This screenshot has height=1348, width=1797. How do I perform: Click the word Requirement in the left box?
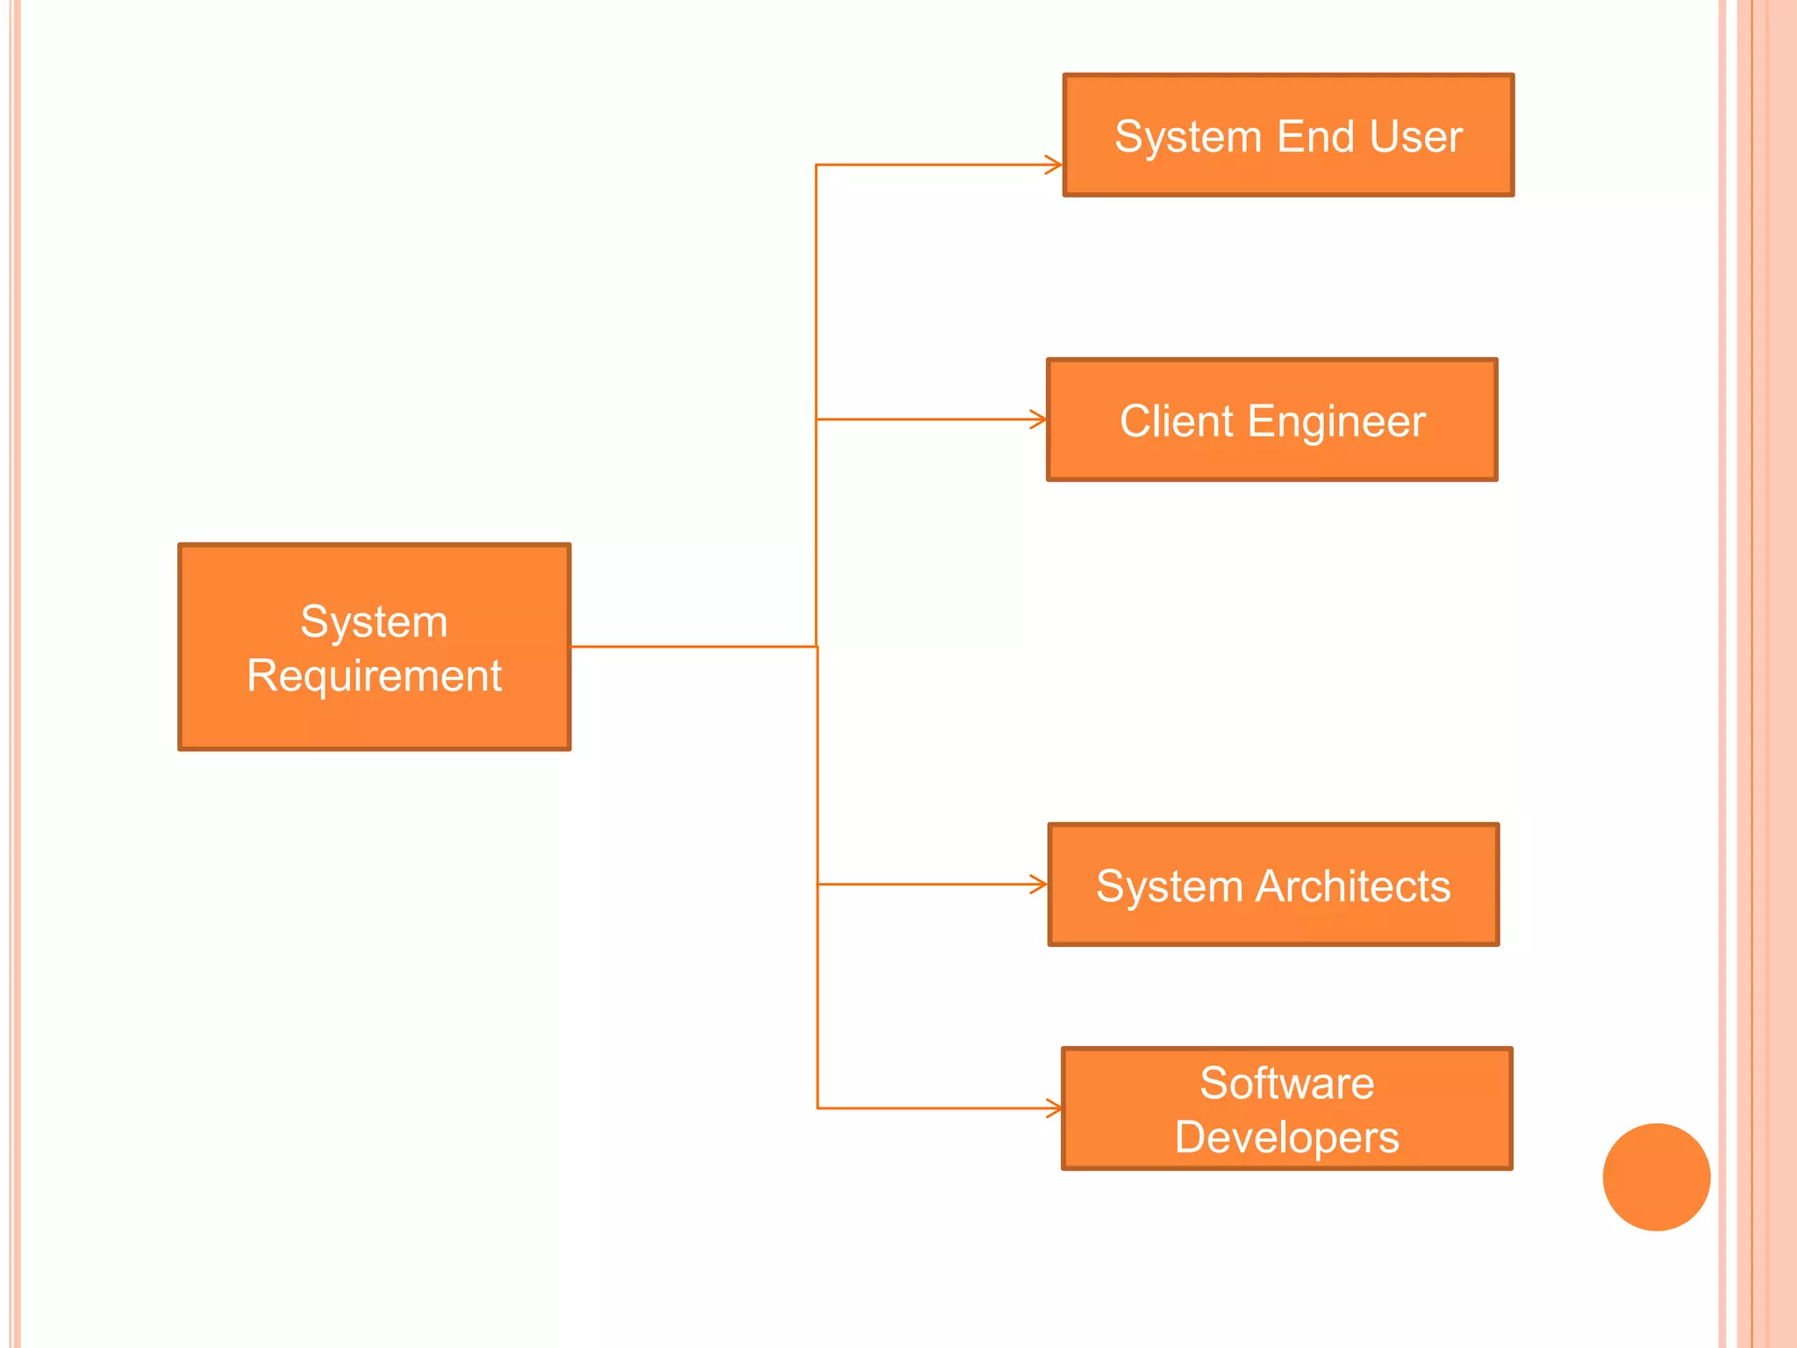coord(374,676)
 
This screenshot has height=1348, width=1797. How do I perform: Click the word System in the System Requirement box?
coord(374,622)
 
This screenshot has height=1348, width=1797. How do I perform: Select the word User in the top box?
coord(1415,137)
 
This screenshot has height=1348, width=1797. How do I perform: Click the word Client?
coord(1176,421)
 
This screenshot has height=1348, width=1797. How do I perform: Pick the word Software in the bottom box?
coord(1286,1083)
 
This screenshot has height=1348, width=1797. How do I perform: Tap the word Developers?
coord(1286,1138)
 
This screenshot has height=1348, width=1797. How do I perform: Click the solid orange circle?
coord(1656,1177)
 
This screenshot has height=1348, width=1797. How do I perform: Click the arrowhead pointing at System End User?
coord(1054,165)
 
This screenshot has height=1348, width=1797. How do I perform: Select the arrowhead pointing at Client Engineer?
coord(1038,419)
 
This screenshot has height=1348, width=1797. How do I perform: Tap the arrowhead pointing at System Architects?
coord(1039,884)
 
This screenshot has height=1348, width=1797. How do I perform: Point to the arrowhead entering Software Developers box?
coord(1053,1108)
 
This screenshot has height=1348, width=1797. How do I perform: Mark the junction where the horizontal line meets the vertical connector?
coord(817,647)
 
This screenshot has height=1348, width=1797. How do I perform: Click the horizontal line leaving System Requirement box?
coord(693,647)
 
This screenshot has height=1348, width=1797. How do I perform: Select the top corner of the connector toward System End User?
coord(816,165)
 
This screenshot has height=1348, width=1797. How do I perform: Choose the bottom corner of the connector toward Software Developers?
coord(818,1108)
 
